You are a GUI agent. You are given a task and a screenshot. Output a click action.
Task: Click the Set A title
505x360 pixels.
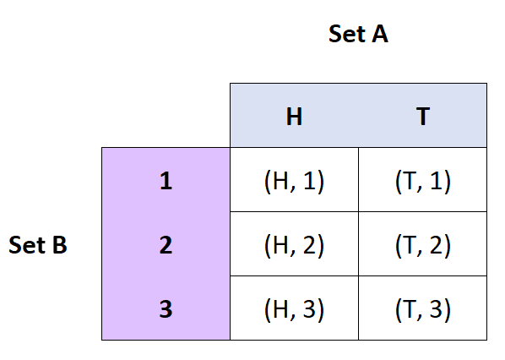[x=357, y=35]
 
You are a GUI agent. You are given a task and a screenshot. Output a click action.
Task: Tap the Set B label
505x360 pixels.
[x=38, y=245]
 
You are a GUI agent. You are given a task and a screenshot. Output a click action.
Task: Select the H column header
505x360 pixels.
[x=294, y=117]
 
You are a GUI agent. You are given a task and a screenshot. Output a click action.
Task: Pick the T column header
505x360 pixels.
[x=422, y=117]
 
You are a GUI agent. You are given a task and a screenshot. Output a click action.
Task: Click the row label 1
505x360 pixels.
[x=166, y=181]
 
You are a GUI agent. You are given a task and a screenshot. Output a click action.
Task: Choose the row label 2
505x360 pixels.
[x=166, y=245]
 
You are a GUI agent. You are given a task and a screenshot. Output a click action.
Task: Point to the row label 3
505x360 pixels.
[x=166, y=309]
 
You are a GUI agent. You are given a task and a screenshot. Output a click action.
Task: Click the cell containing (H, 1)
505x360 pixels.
[x=294, y=181]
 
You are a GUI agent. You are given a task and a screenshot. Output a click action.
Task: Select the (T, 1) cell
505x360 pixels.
[x=422, y=181]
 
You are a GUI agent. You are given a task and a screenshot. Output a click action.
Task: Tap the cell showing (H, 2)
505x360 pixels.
[x=294, y=245]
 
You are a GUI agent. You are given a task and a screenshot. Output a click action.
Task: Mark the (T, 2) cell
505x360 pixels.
[x=422, y=245]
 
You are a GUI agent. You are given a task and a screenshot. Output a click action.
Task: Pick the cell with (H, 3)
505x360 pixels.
[x=294, y=309]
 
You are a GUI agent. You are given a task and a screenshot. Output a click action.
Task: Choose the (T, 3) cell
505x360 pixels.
[x=422, y=309]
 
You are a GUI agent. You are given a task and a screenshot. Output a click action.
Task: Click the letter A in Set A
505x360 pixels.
[x=378, y=35]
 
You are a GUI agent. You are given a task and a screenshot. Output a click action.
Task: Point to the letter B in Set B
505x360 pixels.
[x=59, y=245]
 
